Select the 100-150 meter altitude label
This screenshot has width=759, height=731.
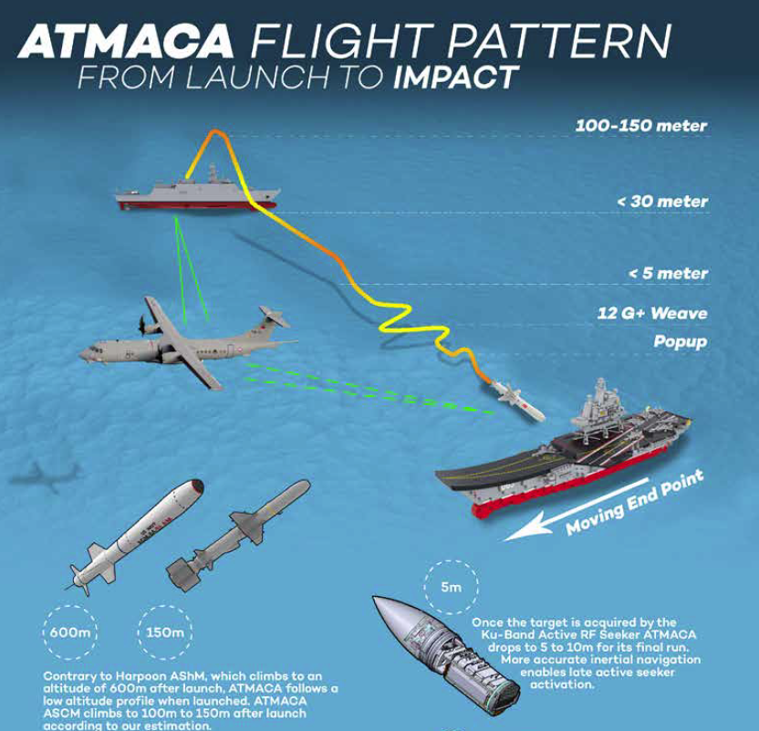tap(640, 126)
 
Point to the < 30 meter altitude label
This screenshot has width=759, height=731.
tap(662, 201)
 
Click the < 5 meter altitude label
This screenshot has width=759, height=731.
tap(668, 273)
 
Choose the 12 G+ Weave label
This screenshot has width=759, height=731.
tap(652, 313)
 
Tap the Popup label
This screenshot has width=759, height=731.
tap(681, 342)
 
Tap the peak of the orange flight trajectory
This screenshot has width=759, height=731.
tap(216, 133)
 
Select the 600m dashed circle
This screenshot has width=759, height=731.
tap(69, 632)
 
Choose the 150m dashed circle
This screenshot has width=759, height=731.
tap(164, 632)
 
